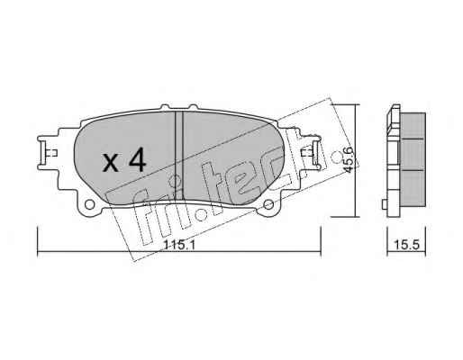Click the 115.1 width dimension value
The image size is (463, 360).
[x=179, y=246]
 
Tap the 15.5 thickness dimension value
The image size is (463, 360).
[x=406, y=245]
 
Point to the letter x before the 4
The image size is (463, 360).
[x=111, y=163]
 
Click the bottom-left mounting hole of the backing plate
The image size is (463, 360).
[x=89, y=205]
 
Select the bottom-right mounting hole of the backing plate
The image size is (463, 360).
[x=268, y=205]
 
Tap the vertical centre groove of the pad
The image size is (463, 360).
[x=179, y=156]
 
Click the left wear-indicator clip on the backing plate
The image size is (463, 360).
[x=47, y=153]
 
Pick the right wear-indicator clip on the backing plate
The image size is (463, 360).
[x=311, y=153]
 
